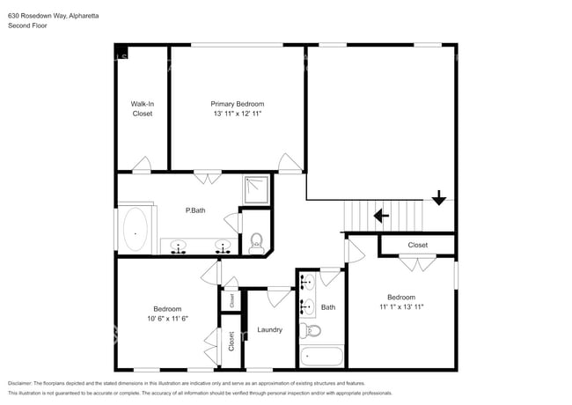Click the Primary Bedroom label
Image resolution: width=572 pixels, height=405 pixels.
pos(237,104)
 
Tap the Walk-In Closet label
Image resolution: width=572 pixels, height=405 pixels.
pos(143,108)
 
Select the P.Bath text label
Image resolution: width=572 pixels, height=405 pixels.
pos(194,210)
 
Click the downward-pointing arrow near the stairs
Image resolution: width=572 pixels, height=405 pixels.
pos(438,198)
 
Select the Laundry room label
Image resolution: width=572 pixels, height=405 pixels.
pos(269,330)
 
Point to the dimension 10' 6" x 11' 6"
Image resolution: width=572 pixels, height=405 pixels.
pos(167,318)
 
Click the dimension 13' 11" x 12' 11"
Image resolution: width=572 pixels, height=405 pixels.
pos(237,114)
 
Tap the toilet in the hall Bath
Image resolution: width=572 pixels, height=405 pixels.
pos(312,331)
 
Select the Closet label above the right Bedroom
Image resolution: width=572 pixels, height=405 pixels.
pos(417,245)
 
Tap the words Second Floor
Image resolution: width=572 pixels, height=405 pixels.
pos(28,26)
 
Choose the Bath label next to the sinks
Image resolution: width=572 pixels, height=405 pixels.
pos(328,307)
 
